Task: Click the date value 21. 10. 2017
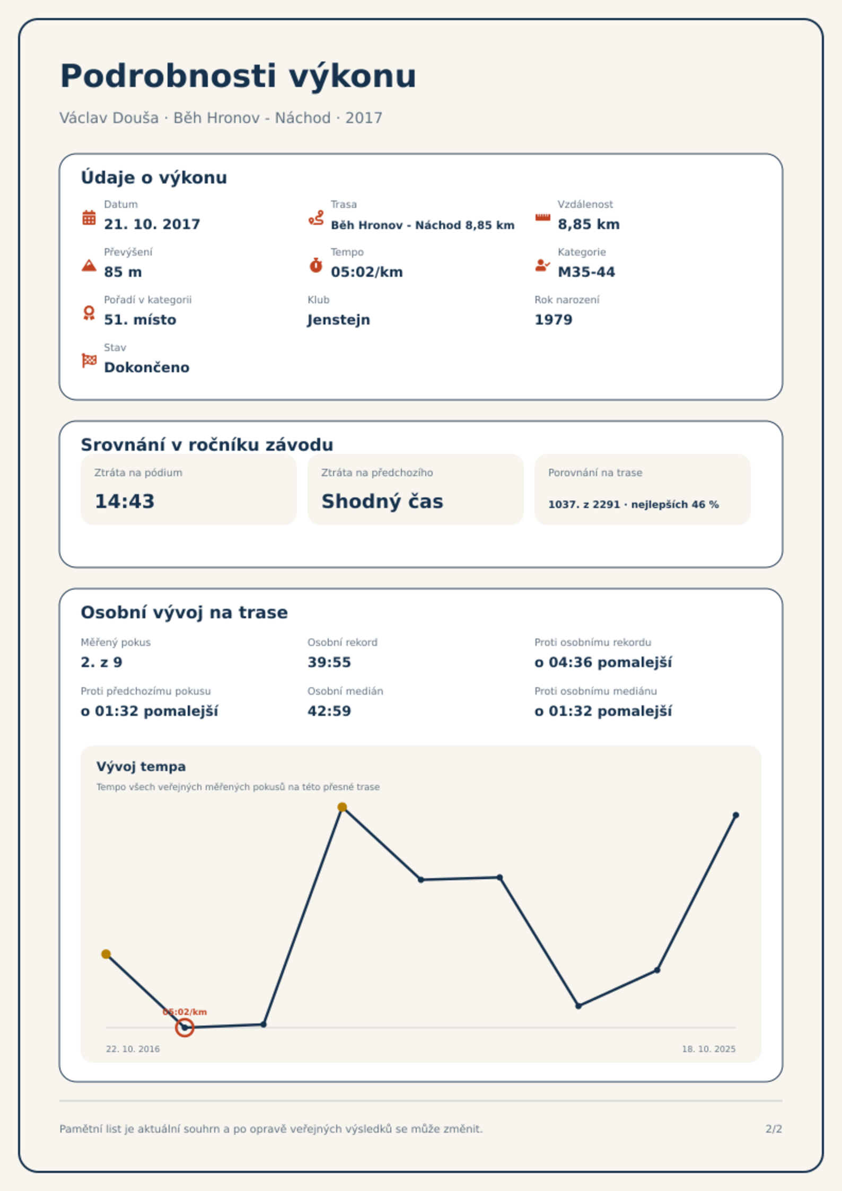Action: (x=152, y=224)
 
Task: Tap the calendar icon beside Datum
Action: (x=89, y=217)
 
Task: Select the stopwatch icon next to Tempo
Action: (x=316, y=265)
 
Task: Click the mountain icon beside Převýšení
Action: (x=89, y=265)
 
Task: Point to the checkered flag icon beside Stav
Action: (x=89, y=361)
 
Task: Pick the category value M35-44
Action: (x=586, y=272)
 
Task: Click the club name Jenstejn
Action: (x=339, y=320)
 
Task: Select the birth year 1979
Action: (x=554, y=320)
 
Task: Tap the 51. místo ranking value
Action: (x=140, y=320)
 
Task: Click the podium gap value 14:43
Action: (x=125, y=501)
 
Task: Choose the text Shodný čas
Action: (x=382, y=501)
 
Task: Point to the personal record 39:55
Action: (x=329, y=662)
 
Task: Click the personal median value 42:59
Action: (x=329, y=711)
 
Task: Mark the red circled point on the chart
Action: (x=185, y=1028)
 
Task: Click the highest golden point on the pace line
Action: (x=342, y=807)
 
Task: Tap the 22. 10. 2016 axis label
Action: (x=133, y=1049)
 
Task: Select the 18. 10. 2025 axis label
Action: (x=709, y=1049)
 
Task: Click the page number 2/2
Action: (x=774, y=1129)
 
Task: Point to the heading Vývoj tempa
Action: (x=141, y=767)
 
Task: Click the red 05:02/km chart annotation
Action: (x=185, y=1012)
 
